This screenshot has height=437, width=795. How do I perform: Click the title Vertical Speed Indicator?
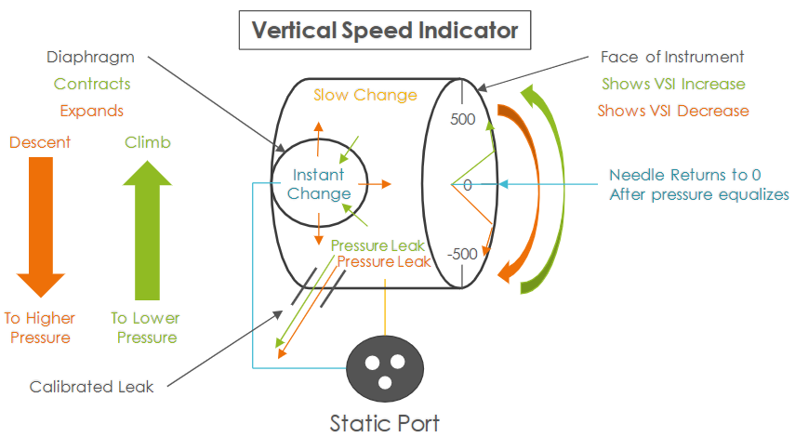pos(385,31)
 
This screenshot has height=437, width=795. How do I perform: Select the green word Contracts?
pos(92,84)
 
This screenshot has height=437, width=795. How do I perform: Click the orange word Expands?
pos(92,111)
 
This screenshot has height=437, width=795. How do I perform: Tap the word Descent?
pos(40,143)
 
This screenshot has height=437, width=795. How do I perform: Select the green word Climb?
pos(148,143)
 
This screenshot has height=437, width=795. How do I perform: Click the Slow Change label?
pos(365,95)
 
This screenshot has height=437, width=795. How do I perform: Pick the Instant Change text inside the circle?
pos(319,184)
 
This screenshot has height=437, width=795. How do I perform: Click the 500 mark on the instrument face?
pos(462,119)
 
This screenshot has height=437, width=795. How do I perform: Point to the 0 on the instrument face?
pos(467,185)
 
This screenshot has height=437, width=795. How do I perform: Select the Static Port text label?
pos(384,422)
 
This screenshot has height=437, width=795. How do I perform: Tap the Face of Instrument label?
pos(672,57)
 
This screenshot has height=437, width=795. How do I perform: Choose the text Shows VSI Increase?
pos(673,84)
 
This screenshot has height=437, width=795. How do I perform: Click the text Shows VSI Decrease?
pos(674,111)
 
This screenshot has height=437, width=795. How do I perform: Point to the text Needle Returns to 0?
pos(684,175)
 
